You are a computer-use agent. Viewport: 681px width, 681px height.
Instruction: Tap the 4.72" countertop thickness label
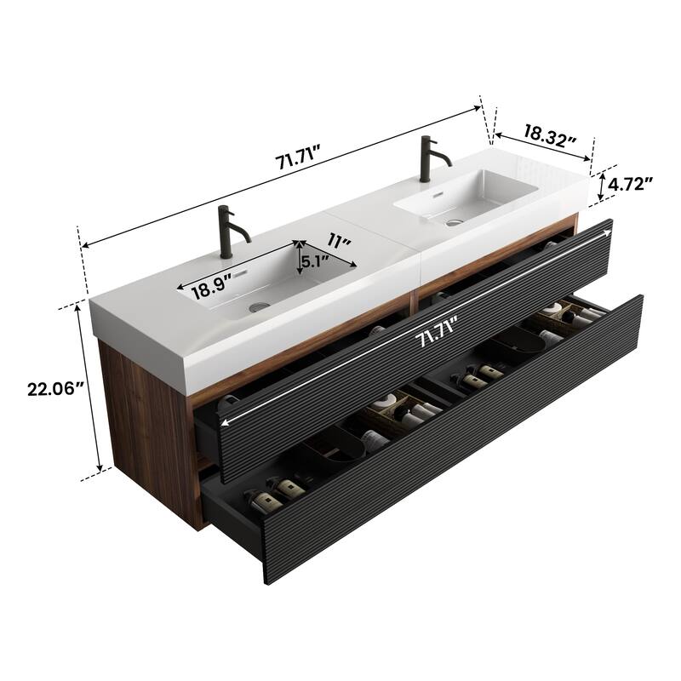coord(631,183)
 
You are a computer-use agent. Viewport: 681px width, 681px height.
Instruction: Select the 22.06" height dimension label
coord(51,388)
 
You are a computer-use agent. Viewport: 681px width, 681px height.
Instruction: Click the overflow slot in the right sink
coord(439,192)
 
